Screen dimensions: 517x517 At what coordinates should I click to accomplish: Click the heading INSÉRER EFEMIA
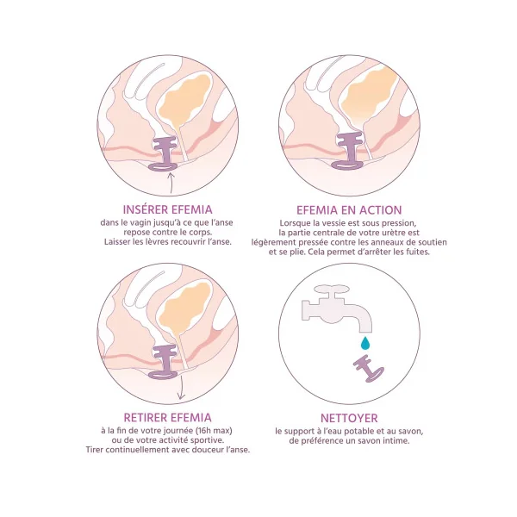pyautogui.click(x=167, y=209)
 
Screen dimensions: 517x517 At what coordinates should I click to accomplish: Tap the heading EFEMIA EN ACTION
pyautogui.click(x=349, y=210)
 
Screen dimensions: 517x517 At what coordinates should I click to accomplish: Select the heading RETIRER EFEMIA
pyautogui.click(x=167, y=417)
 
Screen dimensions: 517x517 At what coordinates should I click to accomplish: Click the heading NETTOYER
pyautogui.click(x=349, y=418)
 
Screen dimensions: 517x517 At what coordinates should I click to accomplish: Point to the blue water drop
pyautogui.click(x=365, y=343)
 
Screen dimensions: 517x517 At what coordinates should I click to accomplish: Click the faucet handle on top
pyautogui.click(x=331, y=289)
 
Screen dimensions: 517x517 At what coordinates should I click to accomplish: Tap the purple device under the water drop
pyautogui.click(x=369, y=369)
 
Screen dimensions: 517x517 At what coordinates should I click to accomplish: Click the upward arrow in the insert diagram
pyautogui.click(x=171, y=183)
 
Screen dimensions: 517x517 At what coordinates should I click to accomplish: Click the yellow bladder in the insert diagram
pyautogui.click(x=184, y=98)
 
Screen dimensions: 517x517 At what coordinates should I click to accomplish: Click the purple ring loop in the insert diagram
pyautogui.click(x=162, y=167)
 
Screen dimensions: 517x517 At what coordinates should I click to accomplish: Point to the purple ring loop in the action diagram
pyautogui.click(x=347, y=165)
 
